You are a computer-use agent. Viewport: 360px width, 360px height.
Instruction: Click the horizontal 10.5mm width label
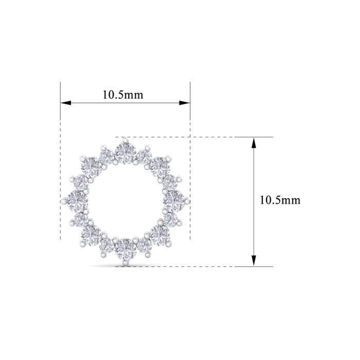[x=122, y=95]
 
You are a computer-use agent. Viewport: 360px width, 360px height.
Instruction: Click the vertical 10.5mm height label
[x=280, y=200]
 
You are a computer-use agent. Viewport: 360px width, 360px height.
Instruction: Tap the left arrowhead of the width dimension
[x=66, y=103]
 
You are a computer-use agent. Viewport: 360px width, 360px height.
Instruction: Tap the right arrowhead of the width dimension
[x=185, y=103]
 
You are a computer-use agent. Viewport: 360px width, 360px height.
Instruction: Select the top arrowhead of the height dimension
[x=254, y=142]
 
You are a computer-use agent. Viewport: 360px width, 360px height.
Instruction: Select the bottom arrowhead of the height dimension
[x=254, y=261]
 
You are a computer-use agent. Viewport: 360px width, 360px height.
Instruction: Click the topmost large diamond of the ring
[x=125, y=153]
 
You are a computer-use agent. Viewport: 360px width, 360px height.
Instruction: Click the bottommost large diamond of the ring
[x=125, y=249]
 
